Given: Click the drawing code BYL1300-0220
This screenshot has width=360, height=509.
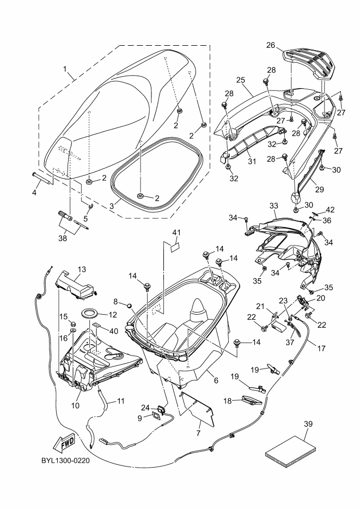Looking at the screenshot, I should pyautogui.click(x=65, y=461).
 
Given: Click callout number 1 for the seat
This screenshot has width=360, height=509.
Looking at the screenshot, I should pyautogui.click(x=65, y=69).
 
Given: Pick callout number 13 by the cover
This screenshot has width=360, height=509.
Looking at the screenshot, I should pyautogui.click(x=82, y=269).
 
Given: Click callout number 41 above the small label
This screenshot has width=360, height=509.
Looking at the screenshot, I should pyautogui.click(x=176, y=232).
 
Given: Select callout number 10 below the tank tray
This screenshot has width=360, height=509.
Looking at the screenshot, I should pyautogui.click(x=75, y=406).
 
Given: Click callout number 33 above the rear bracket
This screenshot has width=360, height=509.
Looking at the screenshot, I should pyautogui.click(x=274, y=206).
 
